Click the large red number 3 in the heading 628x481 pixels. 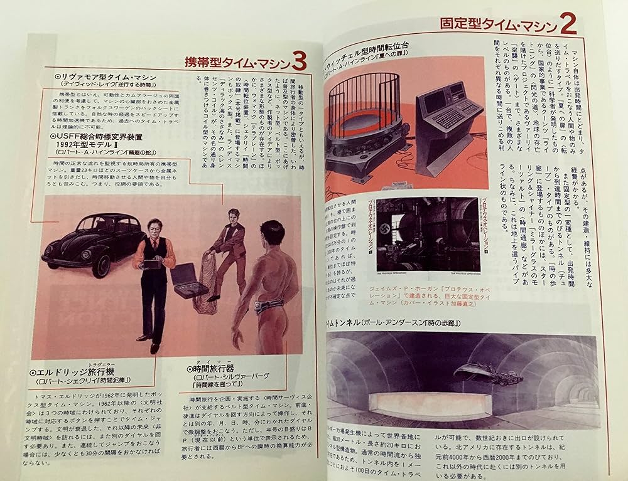point(300,61)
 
